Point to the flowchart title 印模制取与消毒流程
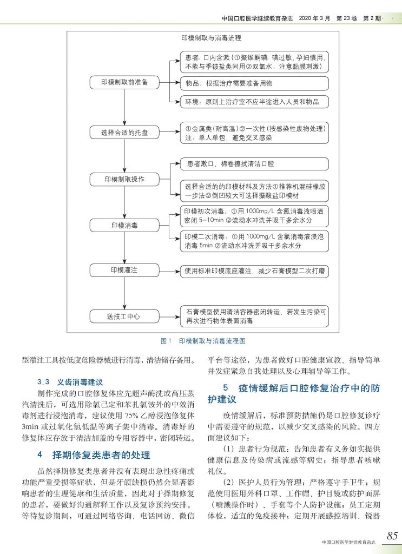pos(212,39)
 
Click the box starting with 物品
pos(255,83)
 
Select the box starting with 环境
pos(255,101)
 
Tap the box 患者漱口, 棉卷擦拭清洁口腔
pos(255,163)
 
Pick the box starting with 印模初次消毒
pos(255,216)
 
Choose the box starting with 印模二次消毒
pos(255,241)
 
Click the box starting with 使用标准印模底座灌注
pos(255,269)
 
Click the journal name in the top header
pos(257,17)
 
